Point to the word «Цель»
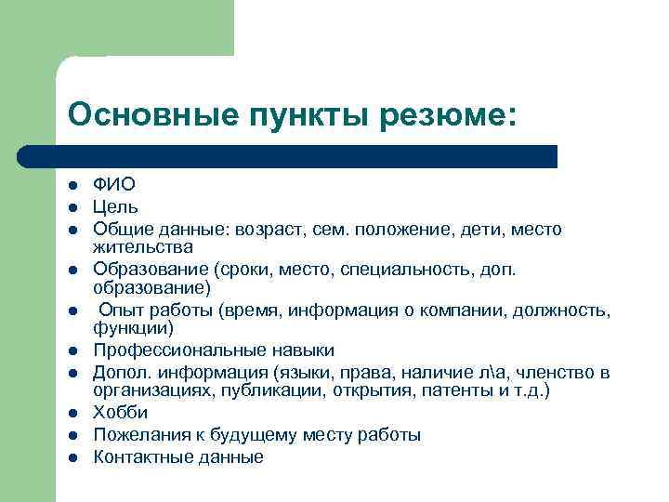(x=116, y=207)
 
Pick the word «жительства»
(x=143, y=247)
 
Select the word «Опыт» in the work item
(x=121, y=310)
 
